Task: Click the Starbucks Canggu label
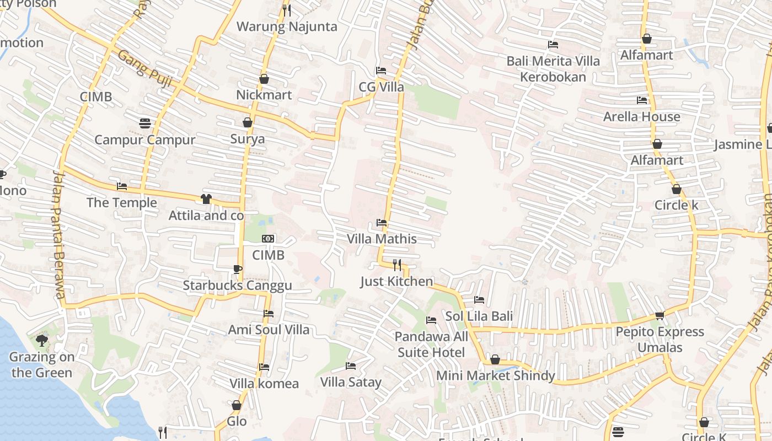(x=237, y=286)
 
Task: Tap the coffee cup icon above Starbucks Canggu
(x=237, y=269)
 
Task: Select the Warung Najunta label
(x=286, y=26)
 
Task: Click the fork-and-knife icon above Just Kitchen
(x=396, y=265)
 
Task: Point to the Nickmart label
(x=264, y=95)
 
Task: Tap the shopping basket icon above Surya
(x=248, y=122)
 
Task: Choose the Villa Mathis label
(x=382, y=239)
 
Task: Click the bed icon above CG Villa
(x=381, y=71)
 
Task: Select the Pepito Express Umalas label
(x=660, y=340)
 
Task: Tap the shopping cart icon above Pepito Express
(x=660, y=315)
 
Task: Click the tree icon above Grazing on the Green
(x=41, y=341)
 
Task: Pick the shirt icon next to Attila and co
(x=206, y=199)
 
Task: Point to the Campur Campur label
(x=144, y=139)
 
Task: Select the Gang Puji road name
(x=145, y=69)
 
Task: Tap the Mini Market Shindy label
(x=495, y=375)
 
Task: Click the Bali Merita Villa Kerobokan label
(x=553, y=68)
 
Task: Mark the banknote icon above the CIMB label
(x=268, y=239)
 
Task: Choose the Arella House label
(x=641, y=116)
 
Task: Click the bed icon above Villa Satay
(x=350, y=365)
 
